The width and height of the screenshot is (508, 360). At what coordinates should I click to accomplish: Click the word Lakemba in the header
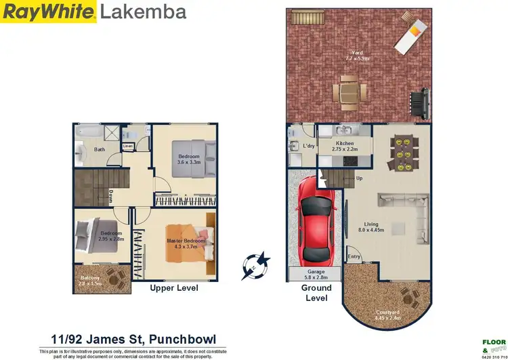144,12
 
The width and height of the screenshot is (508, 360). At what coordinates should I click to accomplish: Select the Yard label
357,55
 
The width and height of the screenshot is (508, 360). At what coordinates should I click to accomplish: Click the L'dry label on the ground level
308,146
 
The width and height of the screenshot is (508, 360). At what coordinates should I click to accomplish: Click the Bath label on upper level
100,149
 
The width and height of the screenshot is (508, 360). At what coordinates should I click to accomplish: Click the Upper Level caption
173,288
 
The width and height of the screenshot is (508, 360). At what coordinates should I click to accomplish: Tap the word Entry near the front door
354,257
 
